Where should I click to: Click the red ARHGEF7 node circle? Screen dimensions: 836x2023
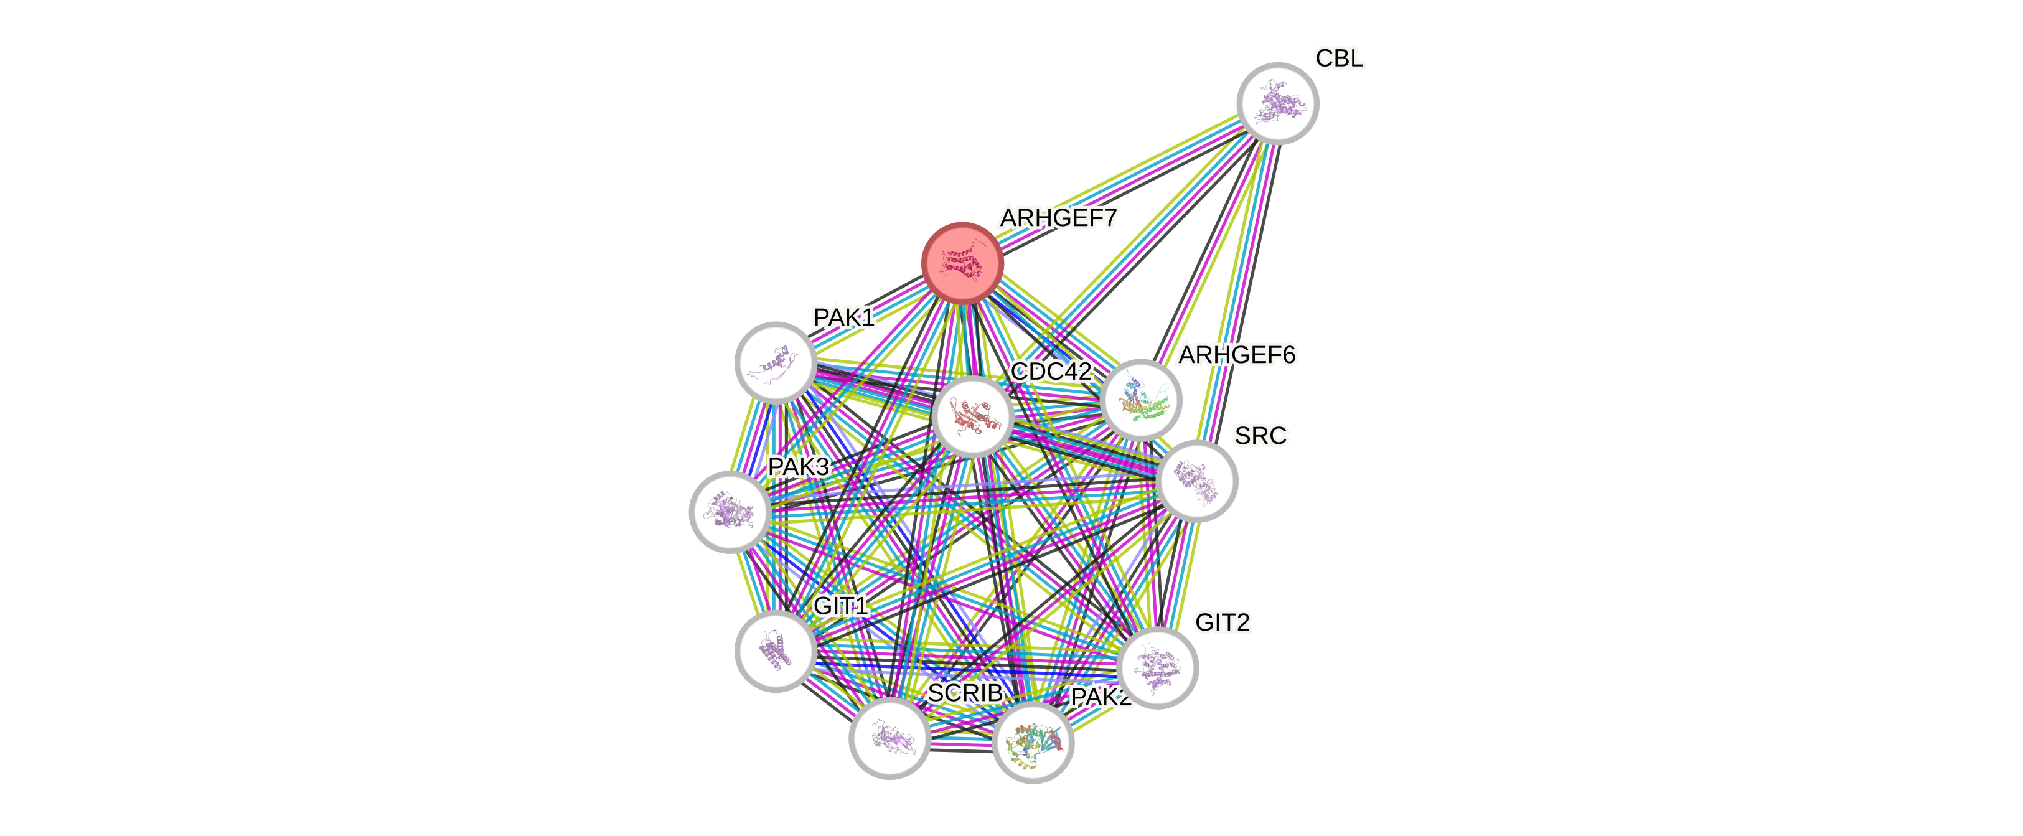[962, 263]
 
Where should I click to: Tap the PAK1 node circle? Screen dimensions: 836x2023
[775, 362]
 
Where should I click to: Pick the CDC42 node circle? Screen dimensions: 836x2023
[972, 416]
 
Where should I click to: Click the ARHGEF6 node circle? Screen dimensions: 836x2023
[1140, 399]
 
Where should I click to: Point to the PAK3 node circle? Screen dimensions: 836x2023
[730, 512]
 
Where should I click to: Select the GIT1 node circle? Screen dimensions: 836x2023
[775, 650]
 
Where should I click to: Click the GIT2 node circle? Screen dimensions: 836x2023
[1157, 668]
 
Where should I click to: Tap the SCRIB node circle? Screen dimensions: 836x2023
[889, 738]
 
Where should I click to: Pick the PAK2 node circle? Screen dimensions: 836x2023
[1033, 743]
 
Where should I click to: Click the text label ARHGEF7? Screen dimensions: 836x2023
[1058, 218]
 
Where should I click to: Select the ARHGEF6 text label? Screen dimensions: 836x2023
[1236, 355]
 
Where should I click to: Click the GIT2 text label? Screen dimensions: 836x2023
[1222, 623]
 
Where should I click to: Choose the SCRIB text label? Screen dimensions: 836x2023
[965, 693]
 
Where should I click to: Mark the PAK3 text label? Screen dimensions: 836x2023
[798, 467]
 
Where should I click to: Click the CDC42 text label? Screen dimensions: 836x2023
[1051, 372]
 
